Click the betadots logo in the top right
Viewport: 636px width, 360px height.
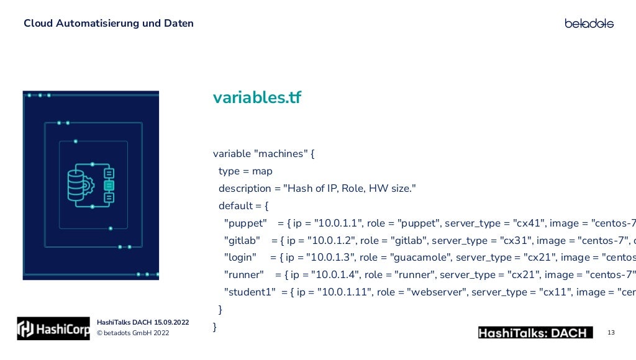pos(589,24)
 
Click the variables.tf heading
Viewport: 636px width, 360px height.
pos(257,97)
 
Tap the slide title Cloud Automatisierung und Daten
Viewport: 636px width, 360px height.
pos(109,24)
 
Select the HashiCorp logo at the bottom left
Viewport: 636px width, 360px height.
pos(53,329)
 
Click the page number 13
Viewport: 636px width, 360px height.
pos(611,333)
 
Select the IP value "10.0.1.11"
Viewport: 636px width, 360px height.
pos(341,292)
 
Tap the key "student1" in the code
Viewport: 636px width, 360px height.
pos(250,292)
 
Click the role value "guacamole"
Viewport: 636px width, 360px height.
pos(419,258)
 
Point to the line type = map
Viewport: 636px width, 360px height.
pos(245,171)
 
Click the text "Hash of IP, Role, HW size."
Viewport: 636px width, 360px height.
pos(349,188)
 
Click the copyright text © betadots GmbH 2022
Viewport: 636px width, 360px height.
pos(132,333)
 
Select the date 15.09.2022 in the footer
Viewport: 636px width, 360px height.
pos(168,322)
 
